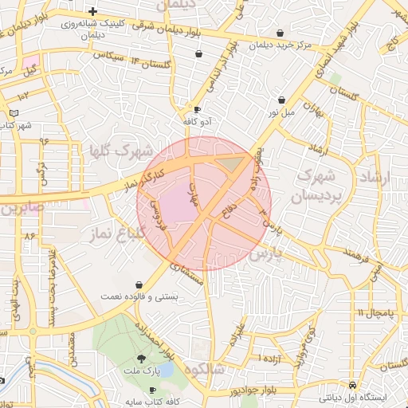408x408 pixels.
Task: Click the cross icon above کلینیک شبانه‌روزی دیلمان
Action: [x=94, y=12]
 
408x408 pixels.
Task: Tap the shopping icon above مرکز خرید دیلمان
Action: [x=280, y=33]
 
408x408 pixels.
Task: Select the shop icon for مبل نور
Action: [x=282, y=100]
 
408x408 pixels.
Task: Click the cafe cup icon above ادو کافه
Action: [x=197, y=109]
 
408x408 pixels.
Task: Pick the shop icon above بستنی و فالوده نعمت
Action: [x=140, y=284]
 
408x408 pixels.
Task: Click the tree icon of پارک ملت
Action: [x=141, y=359]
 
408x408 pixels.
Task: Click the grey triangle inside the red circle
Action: [x=232, y=164]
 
